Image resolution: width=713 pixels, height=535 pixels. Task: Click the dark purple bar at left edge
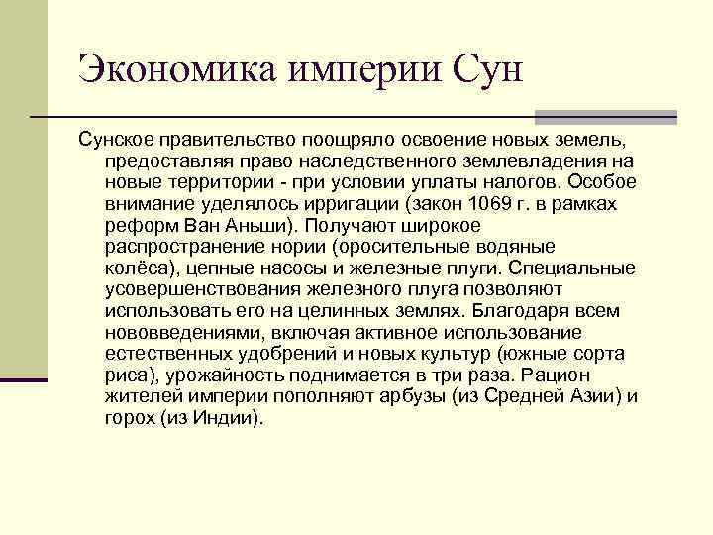pyautogui.click(x=23, y=377)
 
